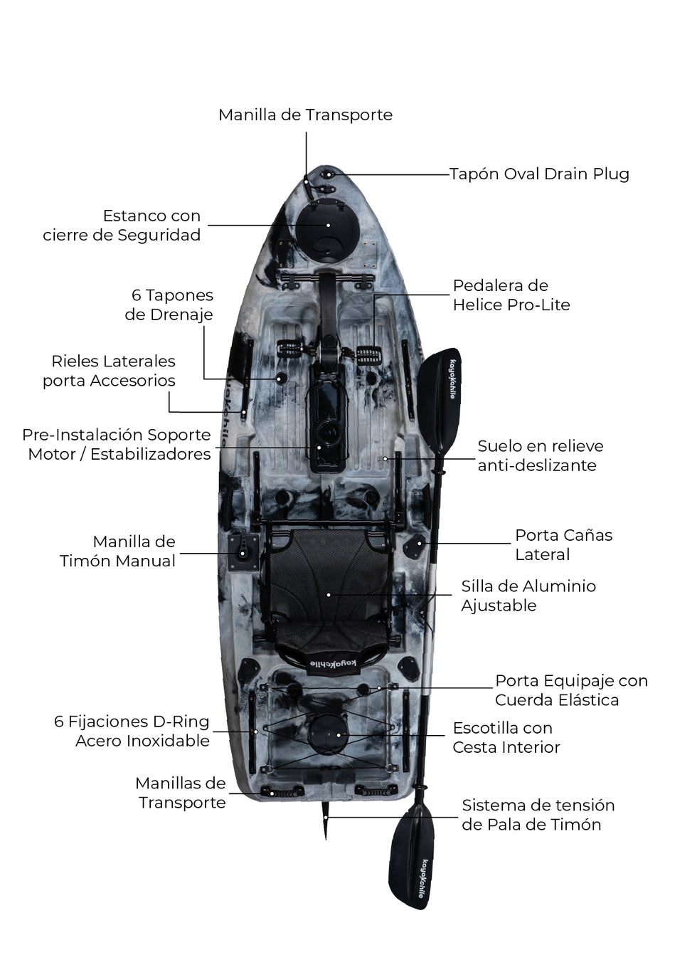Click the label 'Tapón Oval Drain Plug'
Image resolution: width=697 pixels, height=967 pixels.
pos(539,174)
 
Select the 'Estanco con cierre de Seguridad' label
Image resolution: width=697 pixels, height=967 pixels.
pos(122,226)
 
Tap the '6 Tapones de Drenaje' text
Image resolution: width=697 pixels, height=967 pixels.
pos(169,305)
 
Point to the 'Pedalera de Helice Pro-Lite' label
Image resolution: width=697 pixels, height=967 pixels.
pos(511,295)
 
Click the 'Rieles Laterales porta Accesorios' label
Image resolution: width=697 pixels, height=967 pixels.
pos(110,371)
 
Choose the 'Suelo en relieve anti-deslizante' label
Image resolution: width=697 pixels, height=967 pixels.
pos(540,455)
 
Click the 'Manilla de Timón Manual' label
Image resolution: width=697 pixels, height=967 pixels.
pos(118,551)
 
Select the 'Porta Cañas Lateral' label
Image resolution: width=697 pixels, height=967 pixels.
pos(563,545)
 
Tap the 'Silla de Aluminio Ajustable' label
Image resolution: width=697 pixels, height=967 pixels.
pos(528,596)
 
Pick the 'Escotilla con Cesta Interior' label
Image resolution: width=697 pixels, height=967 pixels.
pos(506,738)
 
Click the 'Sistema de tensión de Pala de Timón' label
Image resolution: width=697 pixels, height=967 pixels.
pos(538,815)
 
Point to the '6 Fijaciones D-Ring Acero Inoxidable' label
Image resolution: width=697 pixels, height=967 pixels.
pos(132,731)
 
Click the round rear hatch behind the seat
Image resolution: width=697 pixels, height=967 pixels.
pos(328,733)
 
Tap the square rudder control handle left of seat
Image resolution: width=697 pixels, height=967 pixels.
pos(243,551)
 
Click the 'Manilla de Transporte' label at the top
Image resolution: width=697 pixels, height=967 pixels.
pos(305,115)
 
